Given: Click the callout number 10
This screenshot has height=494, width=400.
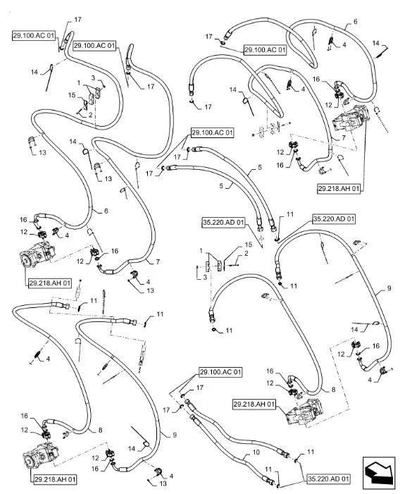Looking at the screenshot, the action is [256, 452].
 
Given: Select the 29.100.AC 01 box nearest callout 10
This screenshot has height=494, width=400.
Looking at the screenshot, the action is [220, 372].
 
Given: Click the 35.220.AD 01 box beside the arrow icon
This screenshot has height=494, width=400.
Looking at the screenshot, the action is [328, 479].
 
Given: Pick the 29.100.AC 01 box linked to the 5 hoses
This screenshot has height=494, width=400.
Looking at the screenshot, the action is [212, 133].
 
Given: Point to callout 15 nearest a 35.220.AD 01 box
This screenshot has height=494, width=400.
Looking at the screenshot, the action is [249, 245].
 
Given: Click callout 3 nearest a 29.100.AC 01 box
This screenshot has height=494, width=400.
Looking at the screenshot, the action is [93, 78].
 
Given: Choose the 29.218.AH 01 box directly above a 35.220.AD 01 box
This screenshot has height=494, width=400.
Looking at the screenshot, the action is [338, 189].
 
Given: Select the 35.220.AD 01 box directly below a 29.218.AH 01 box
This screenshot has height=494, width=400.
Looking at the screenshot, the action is [334, 219].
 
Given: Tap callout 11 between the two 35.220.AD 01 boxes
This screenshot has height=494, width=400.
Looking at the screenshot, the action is [290, 214].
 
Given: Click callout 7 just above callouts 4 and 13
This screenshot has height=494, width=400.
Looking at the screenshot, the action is [158, 261].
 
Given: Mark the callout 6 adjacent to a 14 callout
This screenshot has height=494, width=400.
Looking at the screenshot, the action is [356, 21].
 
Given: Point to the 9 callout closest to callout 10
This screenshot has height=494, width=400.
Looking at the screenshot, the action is [175, 435].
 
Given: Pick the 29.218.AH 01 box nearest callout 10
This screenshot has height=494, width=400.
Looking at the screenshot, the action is [254, 405].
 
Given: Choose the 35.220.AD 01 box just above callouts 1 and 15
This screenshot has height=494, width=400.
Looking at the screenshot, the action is [223, 223].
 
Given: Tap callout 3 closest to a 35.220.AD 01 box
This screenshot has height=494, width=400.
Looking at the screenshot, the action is [205, 277].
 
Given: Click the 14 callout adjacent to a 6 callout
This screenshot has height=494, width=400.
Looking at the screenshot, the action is [376, 43].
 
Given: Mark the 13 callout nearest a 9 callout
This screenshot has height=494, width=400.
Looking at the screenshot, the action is [163, 483].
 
